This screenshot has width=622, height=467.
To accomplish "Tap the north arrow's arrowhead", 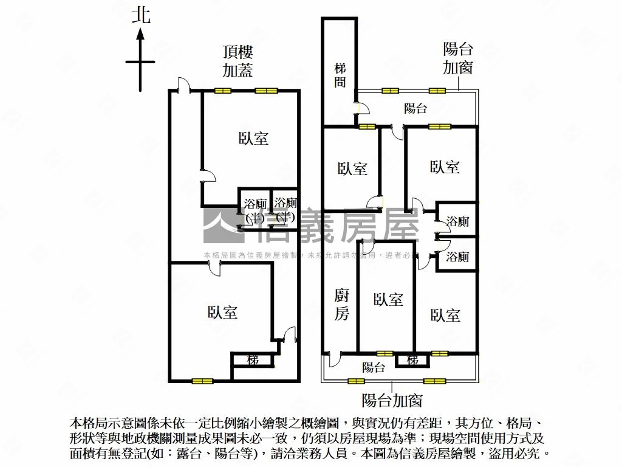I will pos(140,36).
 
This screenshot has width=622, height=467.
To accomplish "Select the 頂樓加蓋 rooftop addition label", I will pos(237,61).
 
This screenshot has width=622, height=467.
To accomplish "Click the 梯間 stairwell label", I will pos(340,75).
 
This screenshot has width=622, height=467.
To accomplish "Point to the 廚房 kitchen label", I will pos(342,305).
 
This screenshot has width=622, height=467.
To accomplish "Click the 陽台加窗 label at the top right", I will pos(457,58).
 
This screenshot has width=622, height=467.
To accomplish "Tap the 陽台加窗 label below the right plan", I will pos(392,401).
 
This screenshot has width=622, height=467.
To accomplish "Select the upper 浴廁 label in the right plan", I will pos(457,221).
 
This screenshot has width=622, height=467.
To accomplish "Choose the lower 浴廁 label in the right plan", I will pos(457,257).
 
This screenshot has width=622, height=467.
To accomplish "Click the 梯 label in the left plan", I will pos(253,360).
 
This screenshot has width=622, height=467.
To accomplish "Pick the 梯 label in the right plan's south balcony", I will pos(413,360).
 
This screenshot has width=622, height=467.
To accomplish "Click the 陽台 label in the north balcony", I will pos(415,109).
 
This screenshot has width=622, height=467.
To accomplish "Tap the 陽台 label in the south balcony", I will pos(373,367).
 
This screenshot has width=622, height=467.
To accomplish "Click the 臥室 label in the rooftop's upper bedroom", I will pos(253,139).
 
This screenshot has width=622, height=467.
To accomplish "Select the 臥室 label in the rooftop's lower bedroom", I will pos(222,313).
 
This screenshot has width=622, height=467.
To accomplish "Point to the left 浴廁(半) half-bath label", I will pos(255,209).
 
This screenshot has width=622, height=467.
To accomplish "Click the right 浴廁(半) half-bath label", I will pos(285,209).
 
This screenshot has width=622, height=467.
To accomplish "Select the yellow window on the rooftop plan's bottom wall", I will pos(203,381).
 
